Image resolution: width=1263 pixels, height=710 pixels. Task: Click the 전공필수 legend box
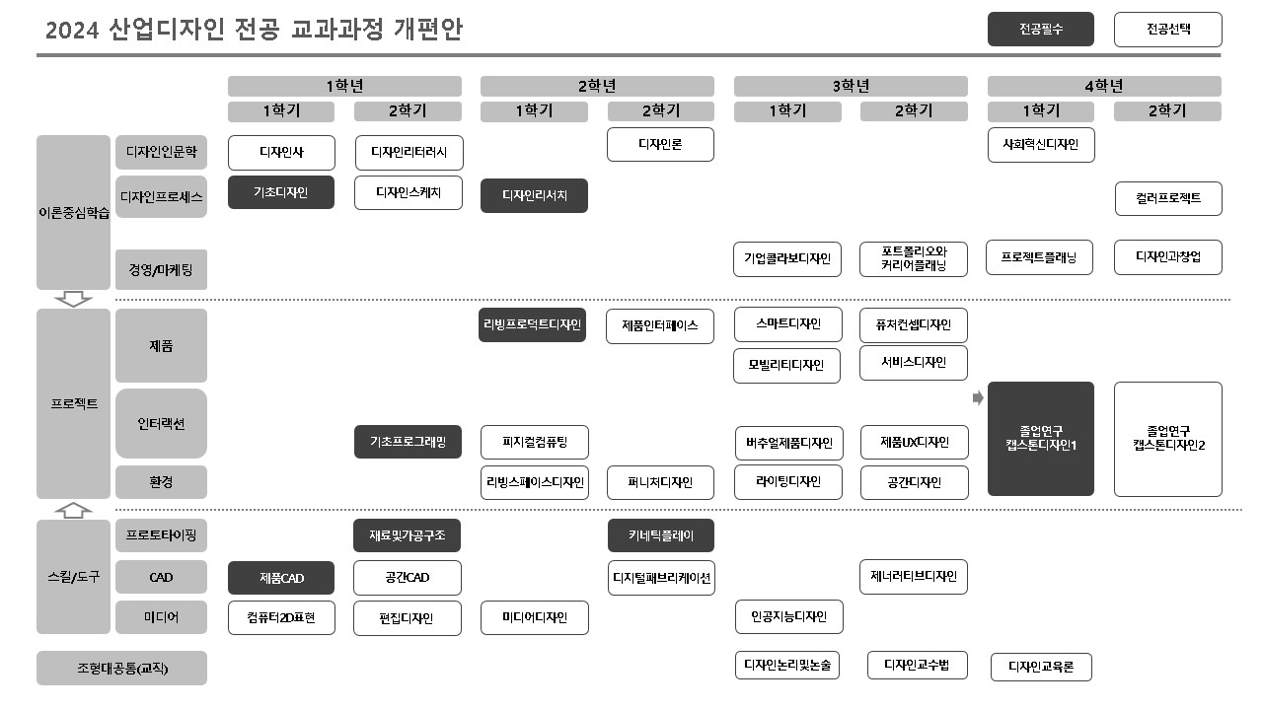[x=1041, y=29]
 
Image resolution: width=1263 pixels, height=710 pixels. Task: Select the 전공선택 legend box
[x=1168, y=29]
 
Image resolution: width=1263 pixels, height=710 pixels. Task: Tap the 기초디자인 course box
[x=281, y=192]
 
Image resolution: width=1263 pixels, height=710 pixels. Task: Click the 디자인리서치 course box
[x=534, y=195]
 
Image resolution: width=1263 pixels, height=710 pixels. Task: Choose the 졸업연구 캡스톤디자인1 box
[x=1041, y=439]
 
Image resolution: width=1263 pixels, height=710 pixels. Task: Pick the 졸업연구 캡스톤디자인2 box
[x=1168, y=439]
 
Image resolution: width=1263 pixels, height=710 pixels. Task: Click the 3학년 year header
[x=850, y=86]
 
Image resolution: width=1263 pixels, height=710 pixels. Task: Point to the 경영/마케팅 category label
[x=161, y=268]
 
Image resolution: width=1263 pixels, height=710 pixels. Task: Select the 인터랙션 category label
[x=161, y=424]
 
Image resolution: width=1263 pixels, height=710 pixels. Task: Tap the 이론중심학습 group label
[x=74, y=213]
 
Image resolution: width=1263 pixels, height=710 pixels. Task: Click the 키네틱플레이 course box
[x=661, y=535]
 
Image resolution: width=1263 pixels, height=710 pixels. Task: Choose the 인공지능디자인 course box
[x=789, y=617]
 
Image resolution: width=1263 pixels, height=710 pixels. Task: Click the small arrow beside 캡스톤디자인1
[x=978, y=398]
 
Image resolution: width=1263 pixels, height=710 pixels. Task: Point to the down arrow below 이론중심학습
[x=74, y=299]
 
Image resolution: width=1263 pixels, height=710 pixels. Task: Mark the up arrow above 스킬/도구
[x=74, y=509]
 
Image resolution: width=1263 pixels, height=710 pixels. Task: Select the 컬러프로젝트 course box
[x=1168, y=198]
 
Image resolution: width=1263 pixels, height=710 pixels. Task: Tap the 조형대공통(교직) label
[x=122, y=668]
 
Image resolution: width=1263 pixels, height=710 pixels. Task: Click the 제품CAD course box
[x=281, y=577]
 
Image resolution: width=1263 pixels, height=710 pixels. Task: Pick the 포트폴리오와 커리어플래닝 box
[x=914, y=258]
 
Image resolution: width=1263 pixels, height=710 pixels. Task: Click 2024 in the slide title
[x=72, y=31]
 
